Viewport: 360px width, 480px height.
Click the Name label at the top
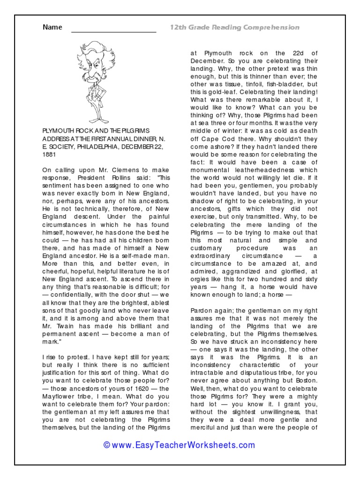coord(52,27)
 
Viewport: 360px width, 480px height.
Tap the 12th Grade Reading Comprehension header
coord(234,28)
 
